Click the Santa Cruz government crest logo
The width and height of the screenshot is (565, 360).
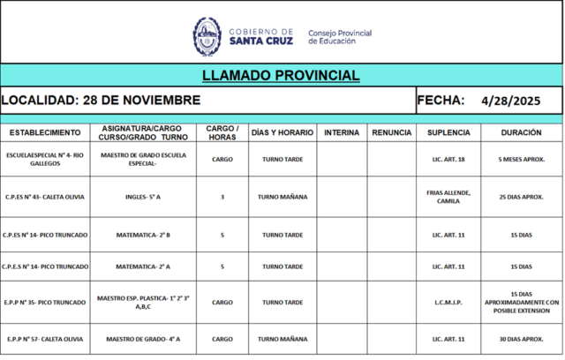(207, 36)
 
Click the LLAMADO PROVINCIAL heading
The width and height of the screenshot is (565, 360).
(281, 76)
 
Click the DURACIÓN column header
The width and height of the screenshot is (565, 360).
(521, 132)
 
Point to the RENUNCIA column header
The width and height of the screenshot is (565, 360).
(392, 132)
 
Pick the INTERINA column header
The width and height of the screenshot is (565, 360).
(342, 132)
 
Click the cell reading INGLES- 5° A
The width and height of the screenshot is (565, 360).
(143, 197)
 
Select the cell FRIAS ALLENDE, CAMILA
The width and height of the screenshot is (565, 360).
(448, 197)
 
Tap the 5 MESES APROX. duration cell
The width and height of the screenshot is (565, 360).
(521, 160)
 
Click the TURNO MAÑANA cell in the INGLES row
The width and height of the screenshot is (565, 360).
(282, 197)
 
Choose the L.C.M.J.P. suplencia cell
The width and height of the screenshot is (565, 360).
(448, 303)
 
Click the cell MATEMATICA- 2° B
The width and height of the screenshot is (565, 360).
(143, 236)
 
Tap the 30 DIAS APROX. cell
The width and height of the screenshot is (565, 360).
(521, 339)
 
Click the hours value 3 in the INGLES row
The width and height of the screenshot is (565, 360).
(222, 197)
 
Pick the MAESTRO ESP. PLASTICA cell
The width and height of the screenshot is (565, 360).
(143, 303)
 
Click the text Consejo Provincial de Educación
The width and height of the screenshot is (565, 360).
(340, 37)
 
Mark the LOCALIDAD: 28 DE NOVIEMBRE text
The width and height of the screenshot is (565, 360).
(101, 101)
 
